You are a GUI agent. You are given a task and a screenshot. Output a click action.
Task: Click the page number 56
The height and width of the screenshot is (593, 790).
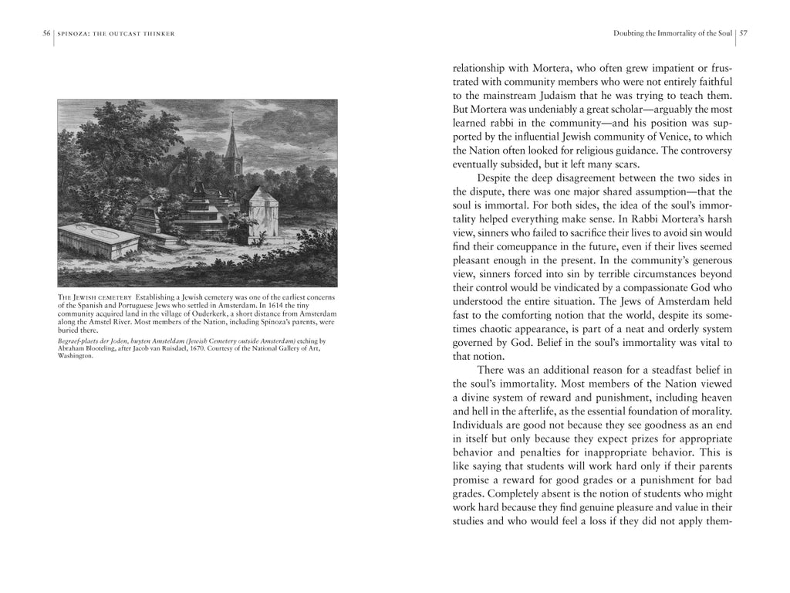[46, 33]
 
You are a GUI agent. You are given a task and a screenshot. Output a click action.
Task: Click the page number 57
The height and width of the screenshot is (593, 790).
[743, 33]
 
